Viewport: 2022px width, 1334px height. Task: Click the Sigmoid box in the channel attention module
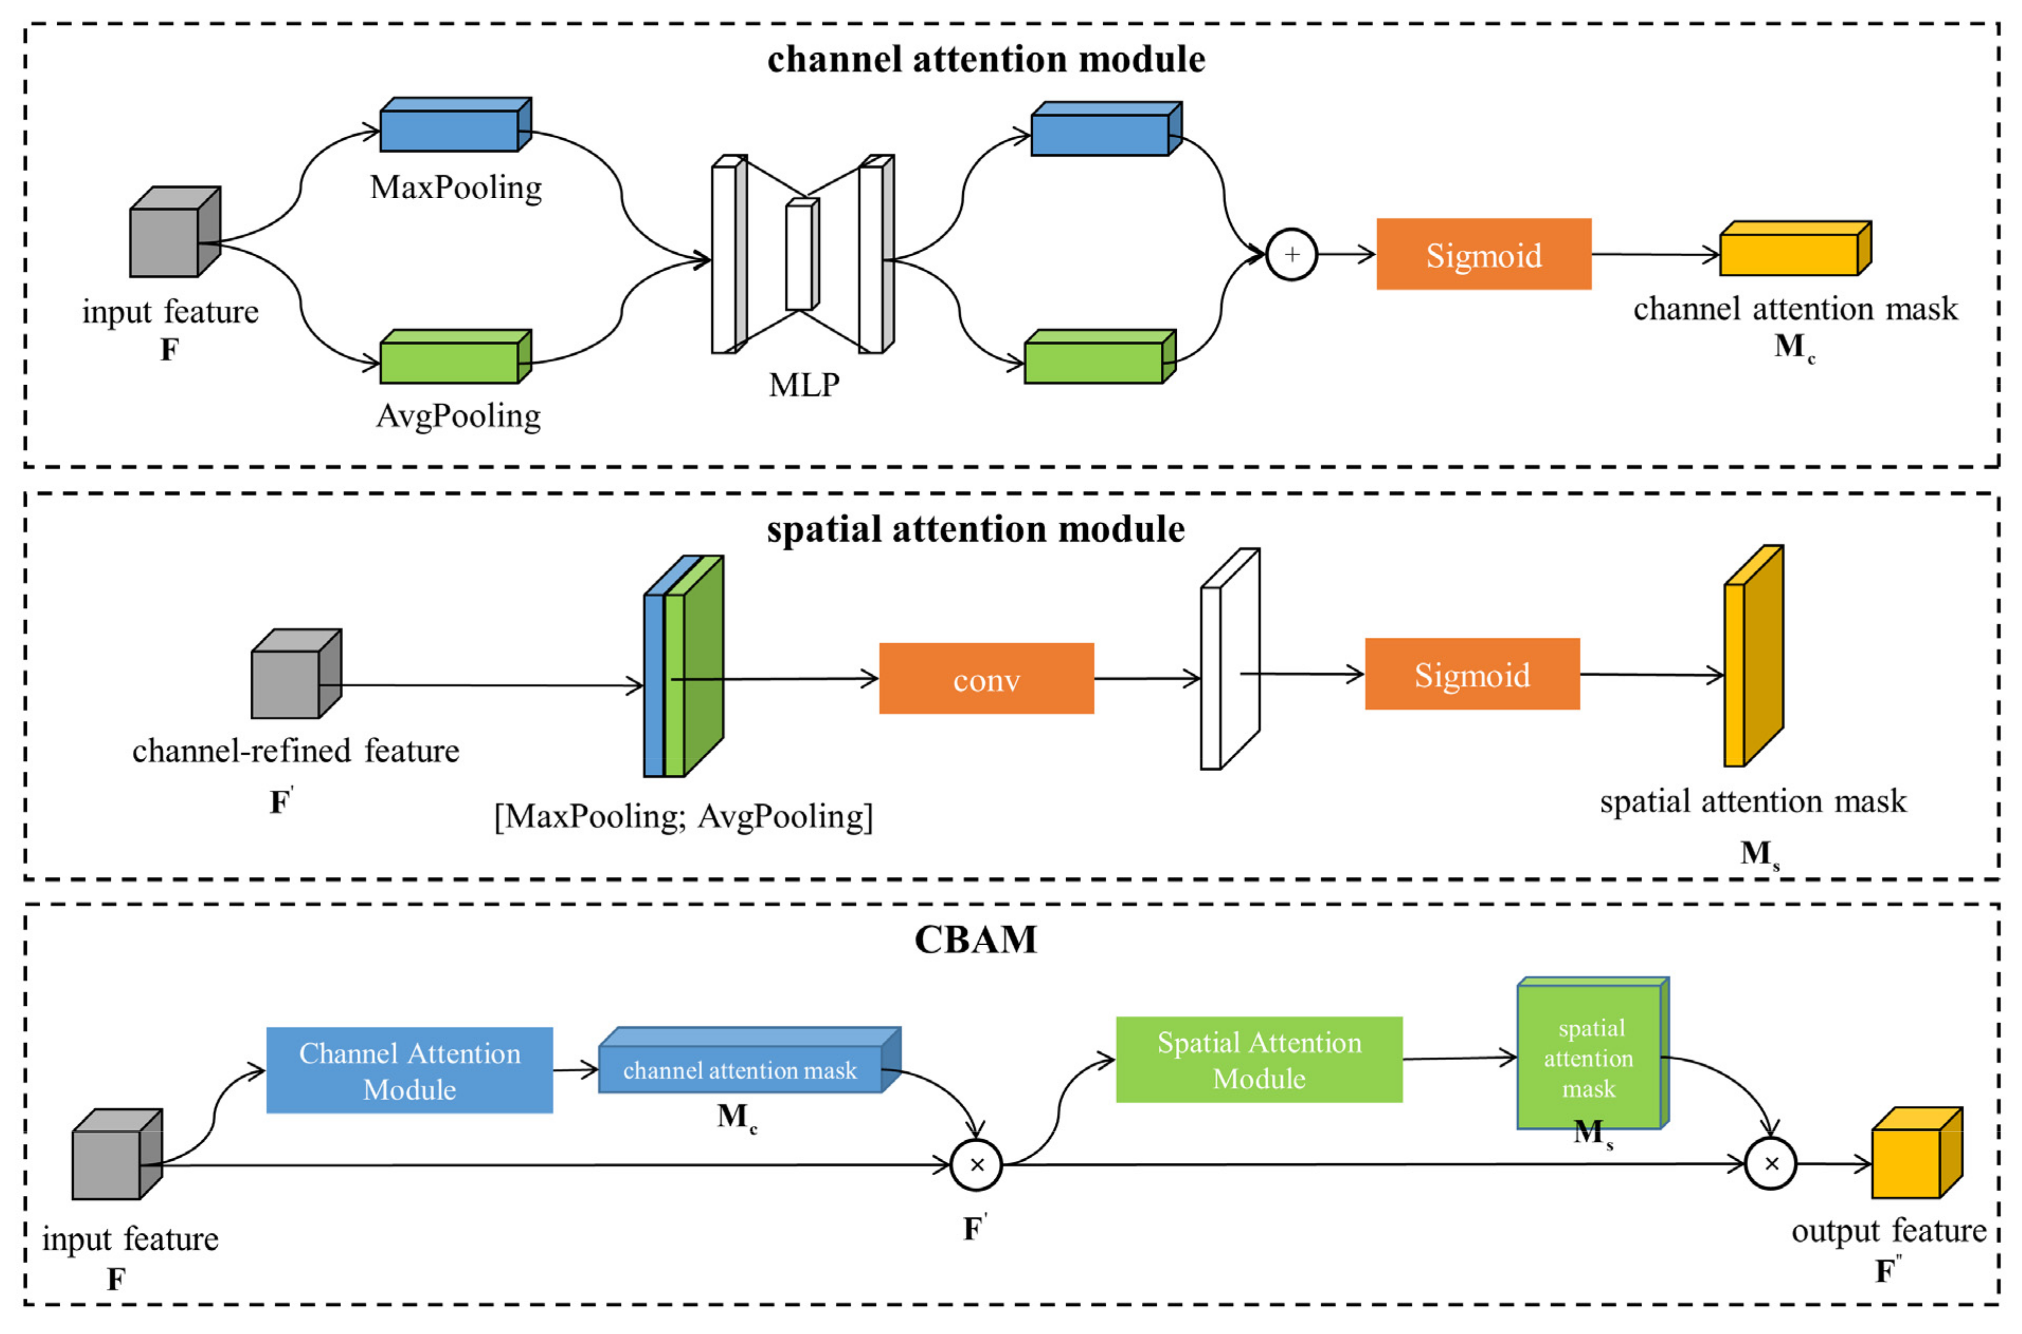(1483, 254)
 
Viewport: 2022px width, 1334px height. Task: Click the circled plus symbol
(1291, 254)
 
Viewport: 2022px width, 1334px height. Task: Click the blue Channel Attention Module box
(409, 1070)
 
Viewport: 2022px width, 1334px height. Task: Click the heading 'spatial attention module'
(975, 529)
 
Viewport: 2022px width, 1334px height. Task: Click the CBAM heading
(975, 940)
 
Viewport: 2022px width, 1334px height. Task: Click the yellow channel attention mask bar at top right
(1792, 250)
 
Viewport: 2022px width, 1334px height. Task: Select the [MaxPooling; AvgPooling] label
(683, 817)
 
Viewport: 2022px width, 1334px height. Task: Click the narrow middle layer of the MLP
(800, 255)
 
